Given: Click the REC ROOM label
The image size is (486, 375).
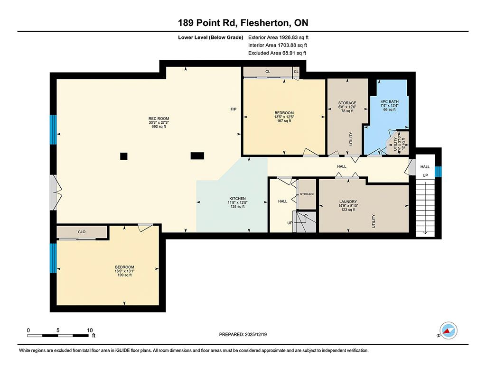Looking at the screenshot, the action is pyautogui.click(x=159, y=119).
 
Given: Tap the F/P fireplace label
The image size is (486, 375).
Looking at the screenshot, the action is pyautogui.click(x=234, y=109).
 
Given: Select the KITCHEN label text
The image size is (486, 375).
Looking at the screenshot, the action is pyautogui.click(x=237, y=199).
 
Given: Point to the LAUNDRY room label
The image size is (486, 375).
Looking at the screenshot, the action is pyautogui.click(x=348, y=201).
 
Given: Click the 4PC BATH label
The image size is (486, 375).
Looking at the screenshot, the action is pyautogui.click(x=389, y=101).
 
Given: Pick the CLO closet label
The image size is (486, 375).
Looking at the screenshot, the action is pyautogui.click(x=82, y=232).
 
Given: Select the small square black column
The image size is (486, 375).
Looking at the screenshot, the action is pyautogui.click(x=124, y=156).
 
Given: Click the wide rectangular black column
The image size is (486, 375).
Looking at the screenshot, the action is pyautogui.click(x=197, y=156).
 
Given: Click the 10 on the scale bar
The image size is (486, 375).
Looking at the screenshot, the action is pyautogui.click(x=90, y=330).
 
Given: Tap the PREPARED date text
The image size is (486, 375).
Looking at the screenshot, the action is pyautogui.click(x=243, y=334).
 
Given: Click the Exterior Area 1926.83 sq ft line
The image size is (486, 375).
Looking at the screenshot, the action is pyautogui.click(x=278, y=37).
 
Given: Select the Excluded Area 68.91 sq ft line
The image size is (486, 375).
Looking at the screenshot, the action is pyautogui.click(x=277, y=53).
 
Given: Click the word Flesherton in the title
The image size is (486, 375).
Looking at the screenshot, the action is pyautogui.click(x=265, y=23).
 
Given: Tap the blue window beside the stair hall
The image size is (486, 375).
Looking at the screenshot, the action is pyautogui.click(x=438, y=172).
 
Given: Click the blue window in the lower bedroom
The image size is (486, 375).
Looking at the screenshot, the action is pyautogui.click(x=53, y=258).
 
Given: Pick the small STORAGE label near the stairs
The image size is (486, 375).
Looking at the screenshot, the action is pyautogui.click(x=307, y=194).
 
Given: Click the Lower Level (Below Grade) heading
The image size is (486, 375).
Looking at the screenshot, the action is pyautogui.click(x=210, y=37).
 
